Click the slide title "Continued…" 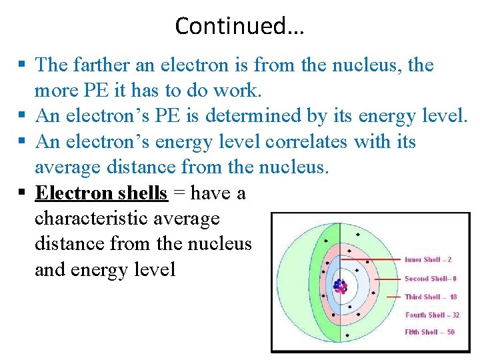pyautogui.click(x=239, y=25)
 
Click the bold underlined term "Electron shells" pyautogui.click(x=101, y=193)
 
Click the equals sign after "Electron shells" pyautogui.click(x=179, y=193)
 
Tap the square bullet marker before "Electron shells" pyautogui.click(x=22, y=193)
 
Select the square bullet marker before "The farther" pyautogui.click(x=22, y=65)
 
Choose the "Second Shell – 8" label pyautogui.click(x=430, y=278)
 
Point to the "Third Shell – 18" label pyautogui.click(x=430, y=297)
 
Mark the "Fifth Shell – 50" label pyautogui.click(x=430, y=332)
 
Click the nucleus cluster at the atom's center pyautogui.click(x=341, y=287)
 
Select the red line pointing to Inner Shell pyautogui.click(x=377, y=259)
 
